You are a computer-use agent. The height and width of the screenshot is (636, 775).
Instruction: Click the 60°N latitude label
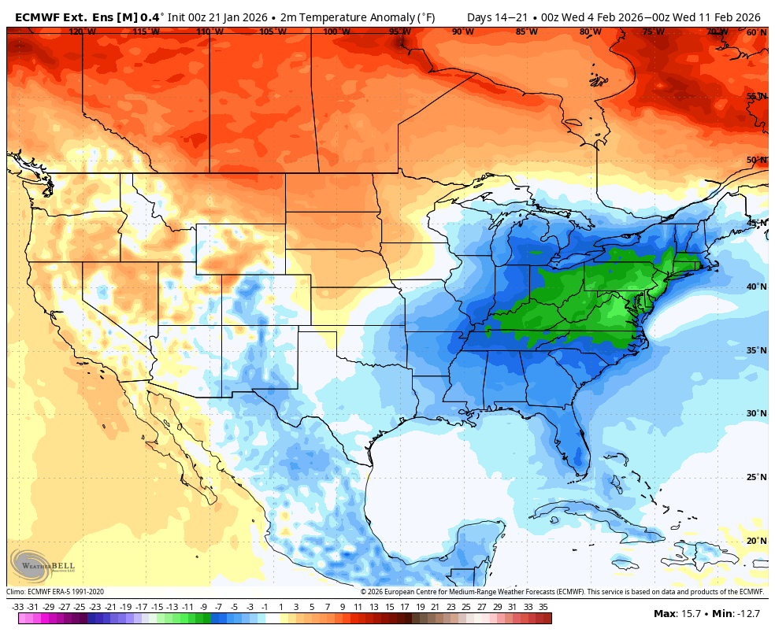click(x=756, y=32)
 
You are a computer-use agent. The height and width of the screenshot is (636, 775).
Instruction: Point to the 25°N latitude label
click(x=756, y=477)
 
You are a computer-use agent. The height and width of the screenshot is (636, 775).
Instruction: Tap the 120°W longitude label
click(x=82, y=32)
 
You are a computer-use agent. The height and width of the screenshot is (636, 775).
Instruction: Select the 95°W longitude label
click(x=399, y=32)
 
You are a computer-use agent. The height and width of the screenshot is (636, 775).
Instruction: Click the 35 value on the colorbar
click(x=543, y=607)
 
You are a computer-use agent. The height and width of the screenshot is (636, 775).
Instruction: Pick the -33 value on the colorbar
click(x=18, y=607)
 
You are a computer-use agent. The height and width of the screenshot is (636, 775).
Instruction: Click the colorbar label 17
click(x=404, y=607)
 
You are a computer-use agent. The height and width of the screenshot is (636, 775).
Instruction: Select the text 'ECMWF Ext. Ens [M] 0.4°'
click(x=89, y=17)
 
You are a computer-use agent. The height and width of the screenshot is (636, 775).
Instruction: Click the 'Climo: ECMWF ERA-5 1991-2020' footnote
click(x=55, y=592)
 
